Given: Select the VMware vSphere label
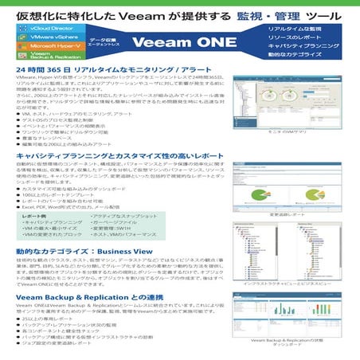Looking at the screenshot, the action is pyautogui.click(x=49, y=37).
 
